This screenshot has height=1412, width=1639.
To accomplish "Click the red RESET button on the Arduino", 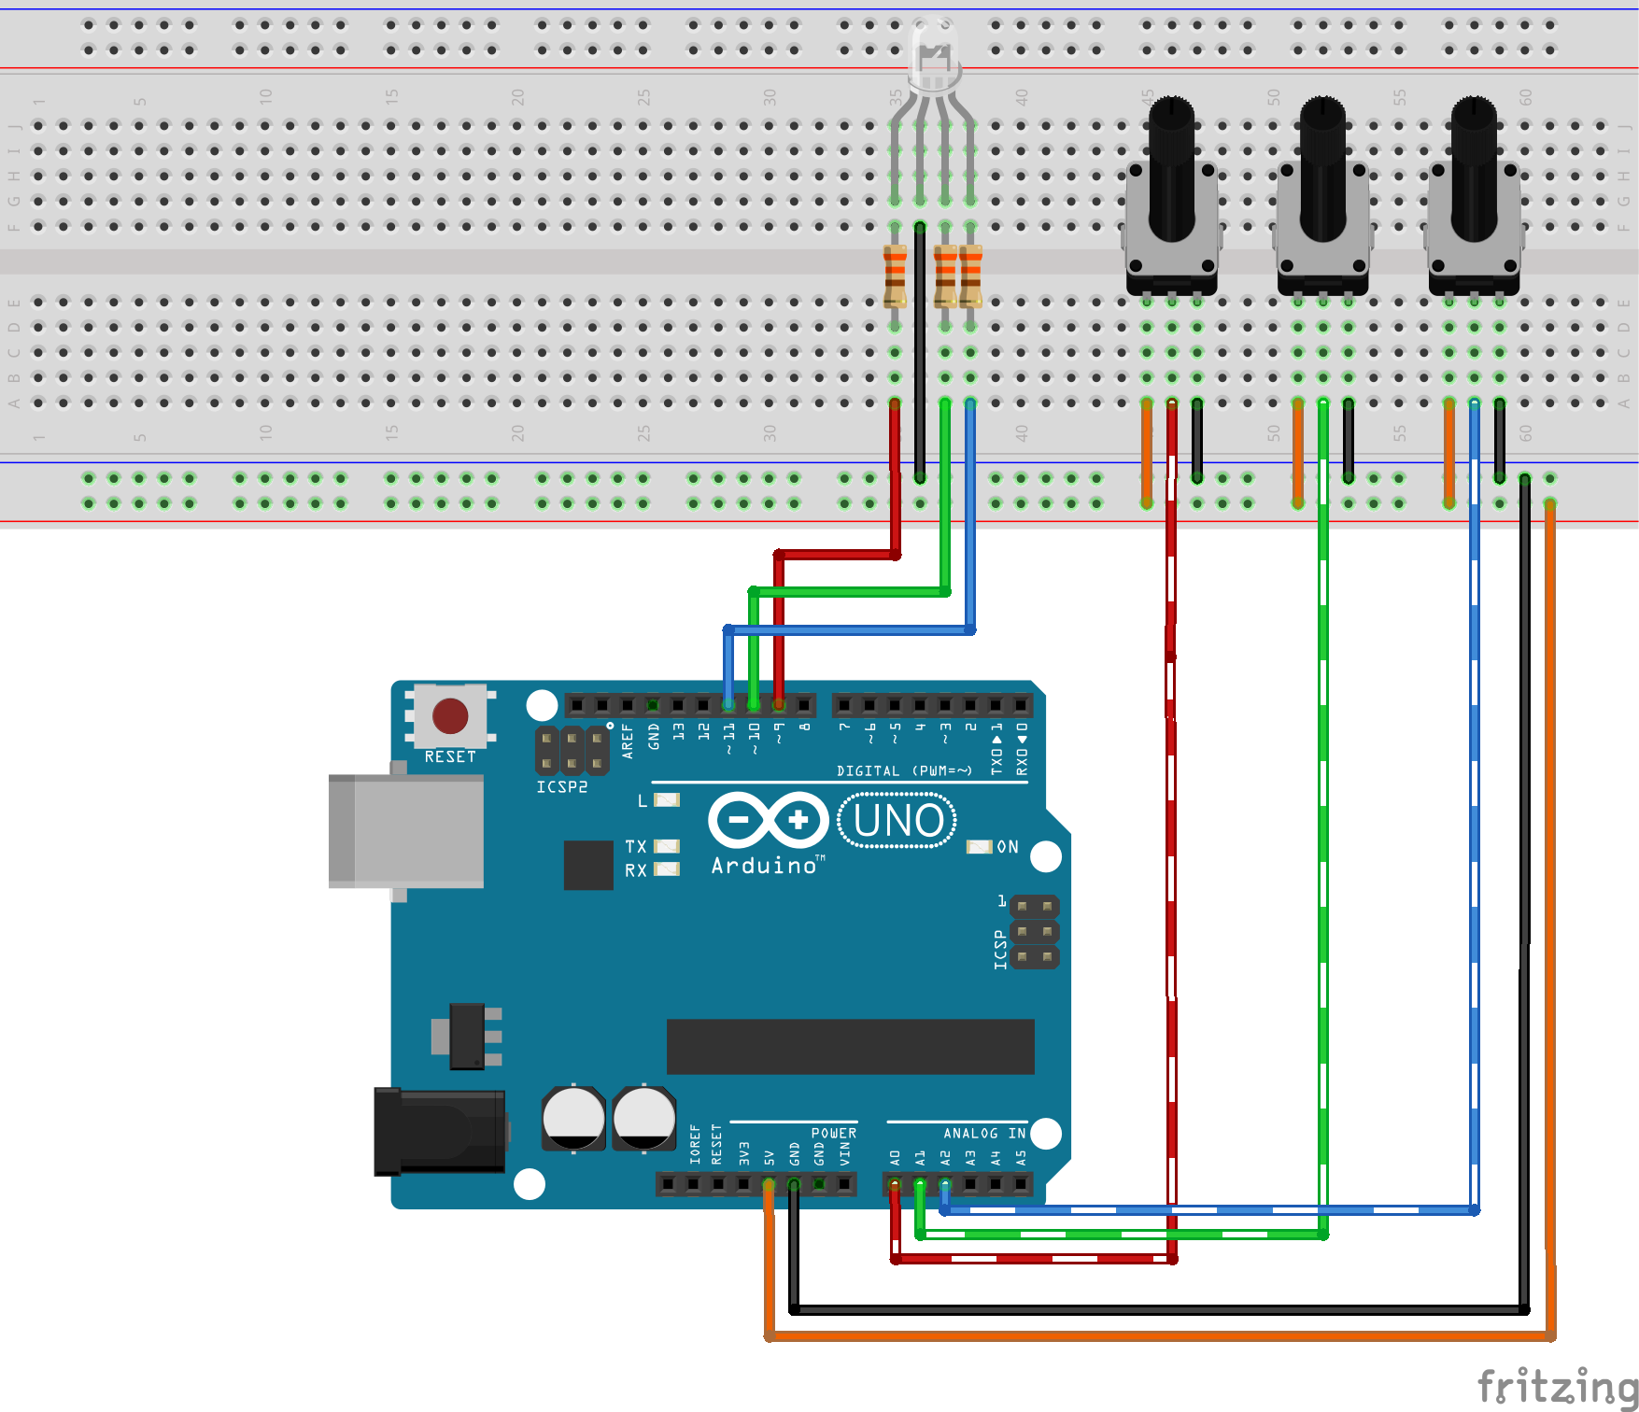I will click(450, 716).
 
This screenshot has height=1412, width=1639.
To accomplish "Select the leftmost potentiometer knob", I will click(1171, 168).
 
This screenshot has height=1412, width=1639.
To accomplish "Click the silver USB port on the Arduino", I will click(406, 830).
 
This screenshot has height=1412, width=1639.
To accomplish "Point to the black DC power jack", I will click(439, 1131).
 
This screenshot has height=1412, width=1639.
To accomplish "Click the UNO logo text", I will click(897, 821).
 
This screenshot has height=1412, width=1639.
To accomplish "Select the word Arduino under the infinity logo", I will click(764, 866).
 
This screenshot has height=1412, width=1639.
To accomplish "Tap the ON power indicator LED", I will click(979, 846).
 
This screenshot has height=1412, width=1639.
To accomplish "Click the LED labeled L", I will click(667, 800).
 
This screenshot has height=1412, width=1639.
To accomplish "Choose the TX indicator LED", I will click(667, 846).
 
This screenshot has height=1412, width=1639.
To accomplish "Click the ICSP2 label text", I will click(561, 787).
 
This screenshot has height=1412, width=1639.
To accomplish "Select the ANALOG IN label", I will click(983, 1133).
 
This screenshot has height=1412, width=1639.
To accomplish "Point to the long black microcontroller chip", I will click(850, 1046).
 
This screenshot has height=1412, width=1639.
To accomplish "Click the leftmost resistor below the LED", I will click(895, 276).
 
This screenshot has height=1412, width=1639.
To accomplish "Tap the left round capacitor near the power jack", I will click(573, 1117).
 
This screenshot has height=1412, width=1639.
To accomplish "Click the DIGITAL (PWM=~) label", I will click(903, 770).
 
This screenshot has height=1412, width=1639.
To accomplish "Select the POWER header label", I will click(833, 1133).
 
